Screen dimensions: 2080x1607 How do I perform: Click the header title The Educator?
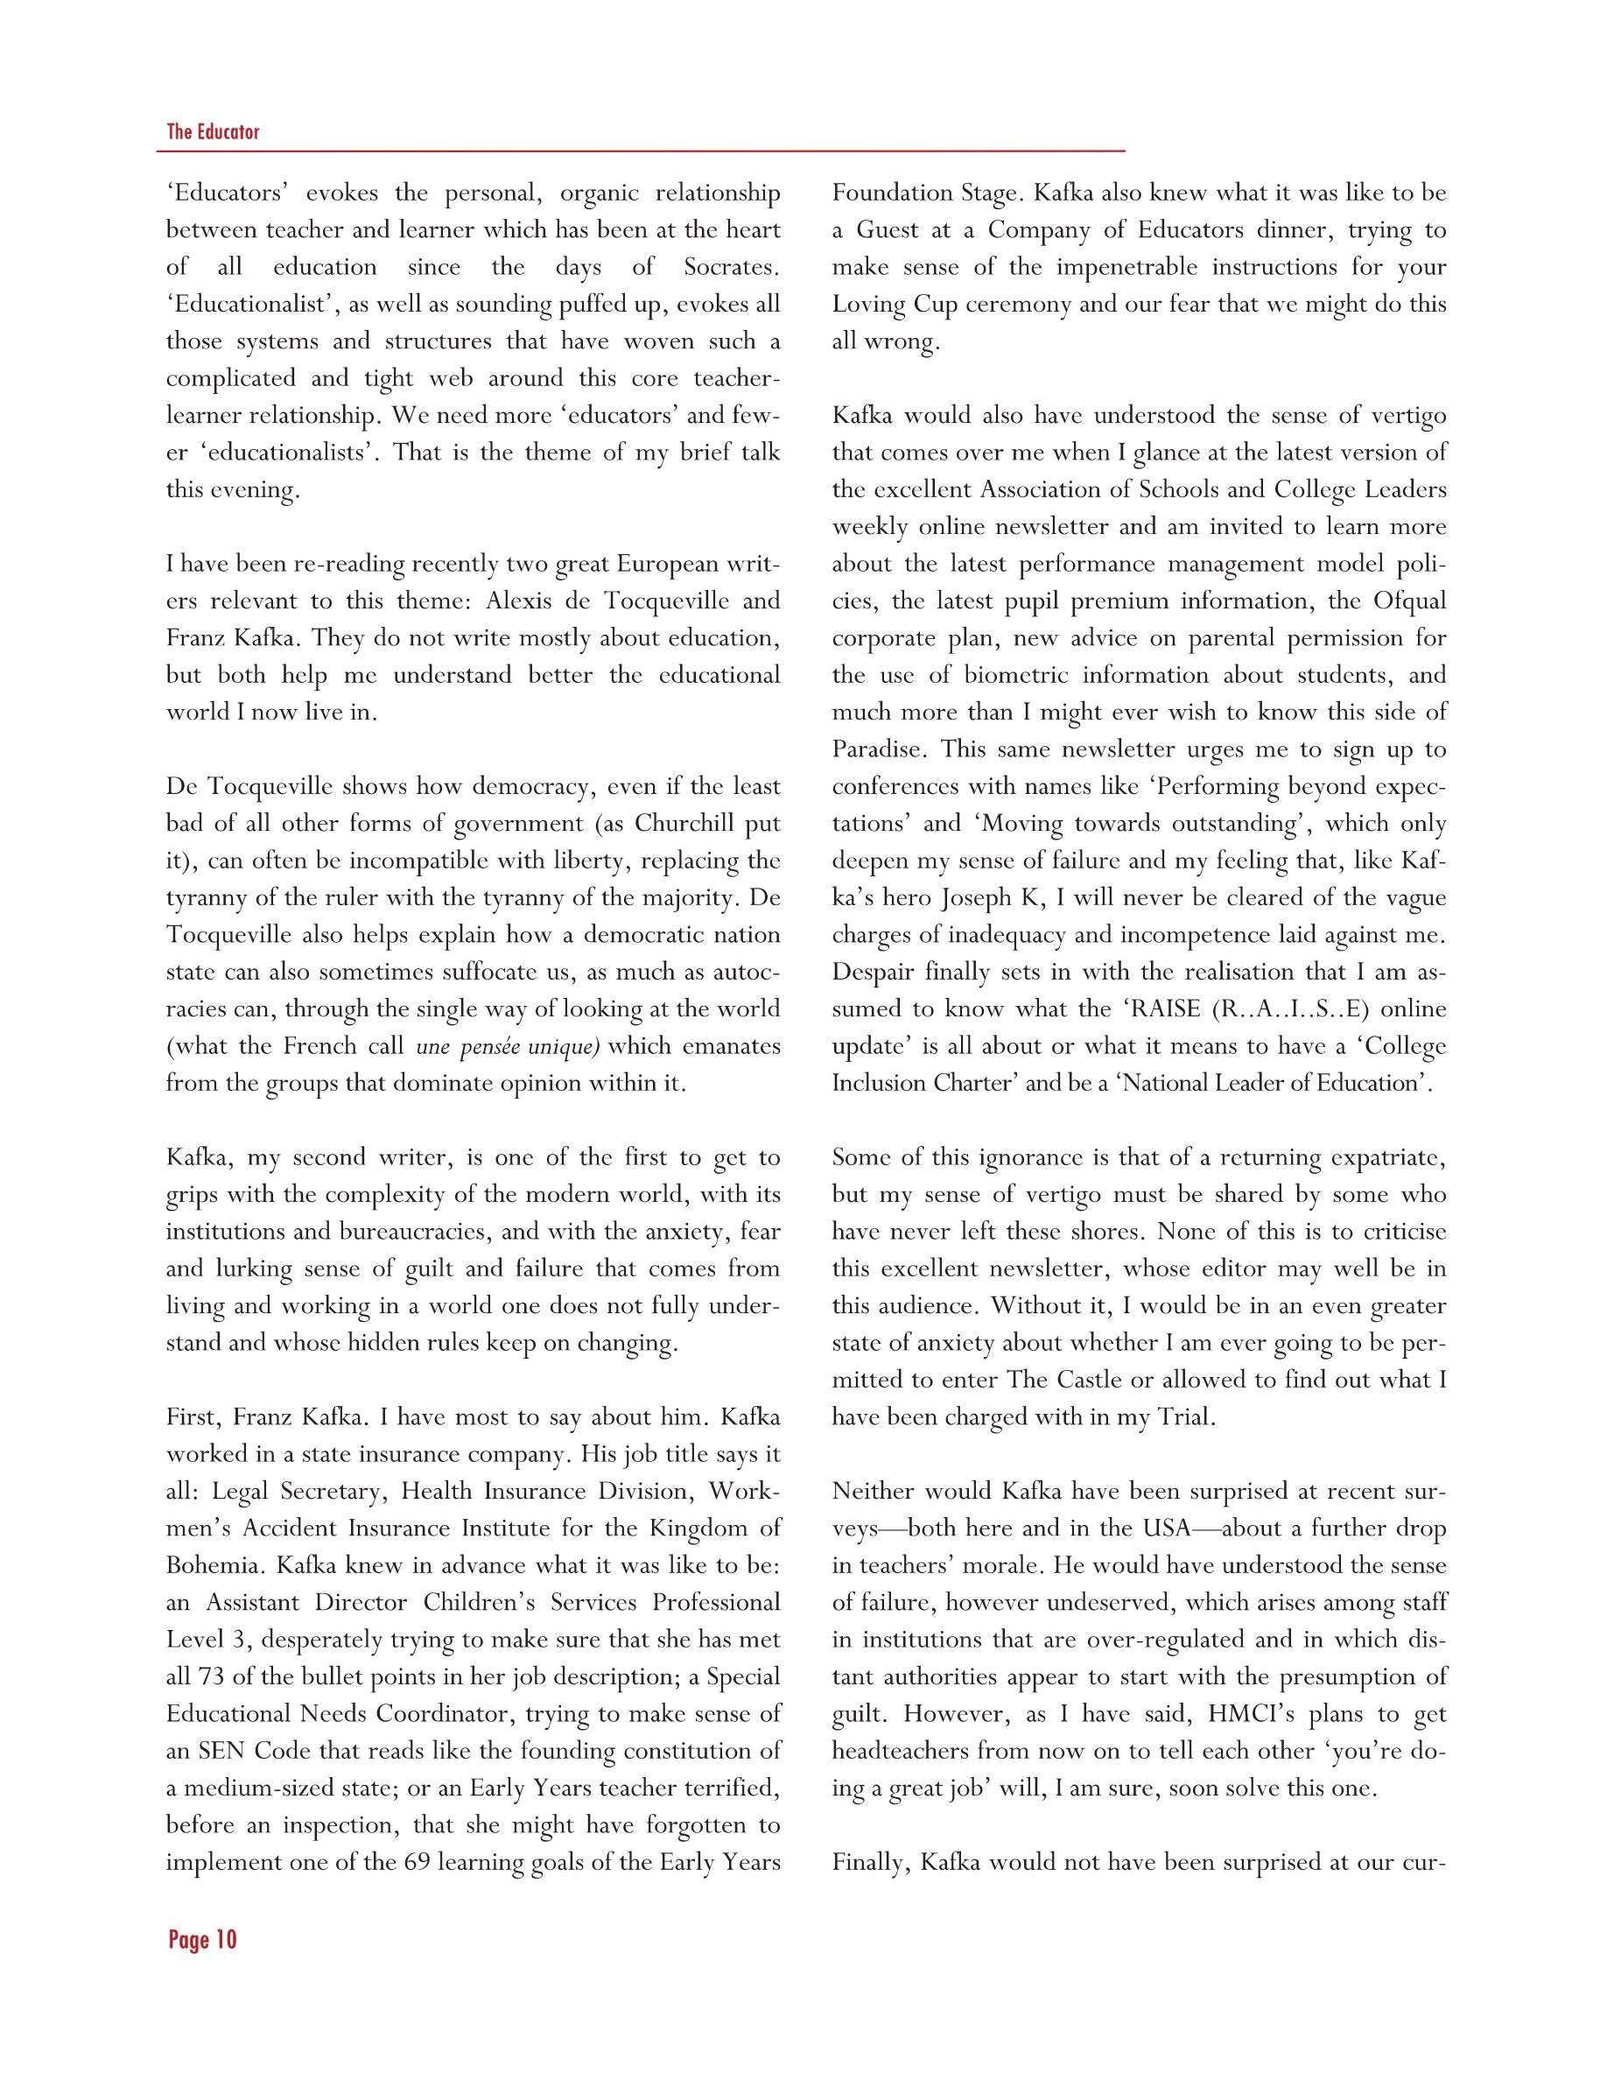[x=213, y=131]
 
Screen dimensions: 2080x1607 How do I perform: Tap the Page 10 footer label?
[x=202, y=1940]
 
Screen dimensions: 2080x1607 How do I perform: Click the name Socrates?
[x=730, y=267]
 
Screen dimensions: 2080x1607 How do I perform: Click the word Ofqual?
[x=1409, y=601]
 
